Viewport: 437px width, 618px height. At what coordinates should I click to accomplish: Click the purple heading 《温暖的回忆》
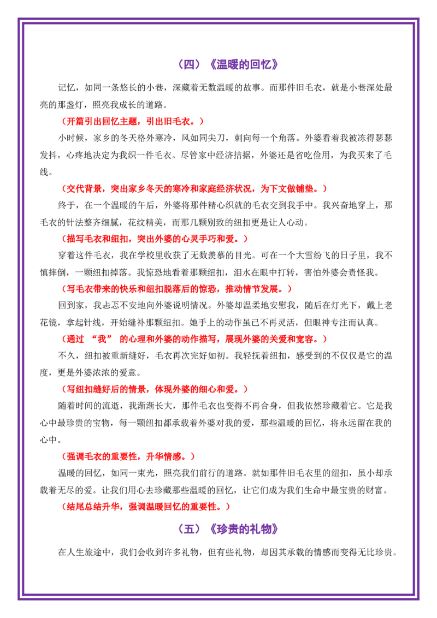(x=244, y=64)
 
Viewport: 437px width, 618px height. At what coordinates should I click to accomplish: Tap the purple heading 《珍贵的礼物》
(x=244, y=528)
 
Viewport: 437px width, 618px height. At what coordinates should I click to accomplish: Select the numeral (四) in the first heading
(x=190, y=64)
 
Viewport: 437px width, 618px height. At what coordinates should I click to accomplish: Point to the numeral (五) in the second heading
(x=190, y=528)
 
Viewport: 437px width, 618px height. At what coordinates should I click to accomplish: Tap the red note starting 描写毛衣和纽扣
(x=155, y=239)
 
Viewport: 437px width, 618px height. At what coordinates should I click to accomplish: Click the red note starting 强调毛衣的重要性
(x=128, y=456)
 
